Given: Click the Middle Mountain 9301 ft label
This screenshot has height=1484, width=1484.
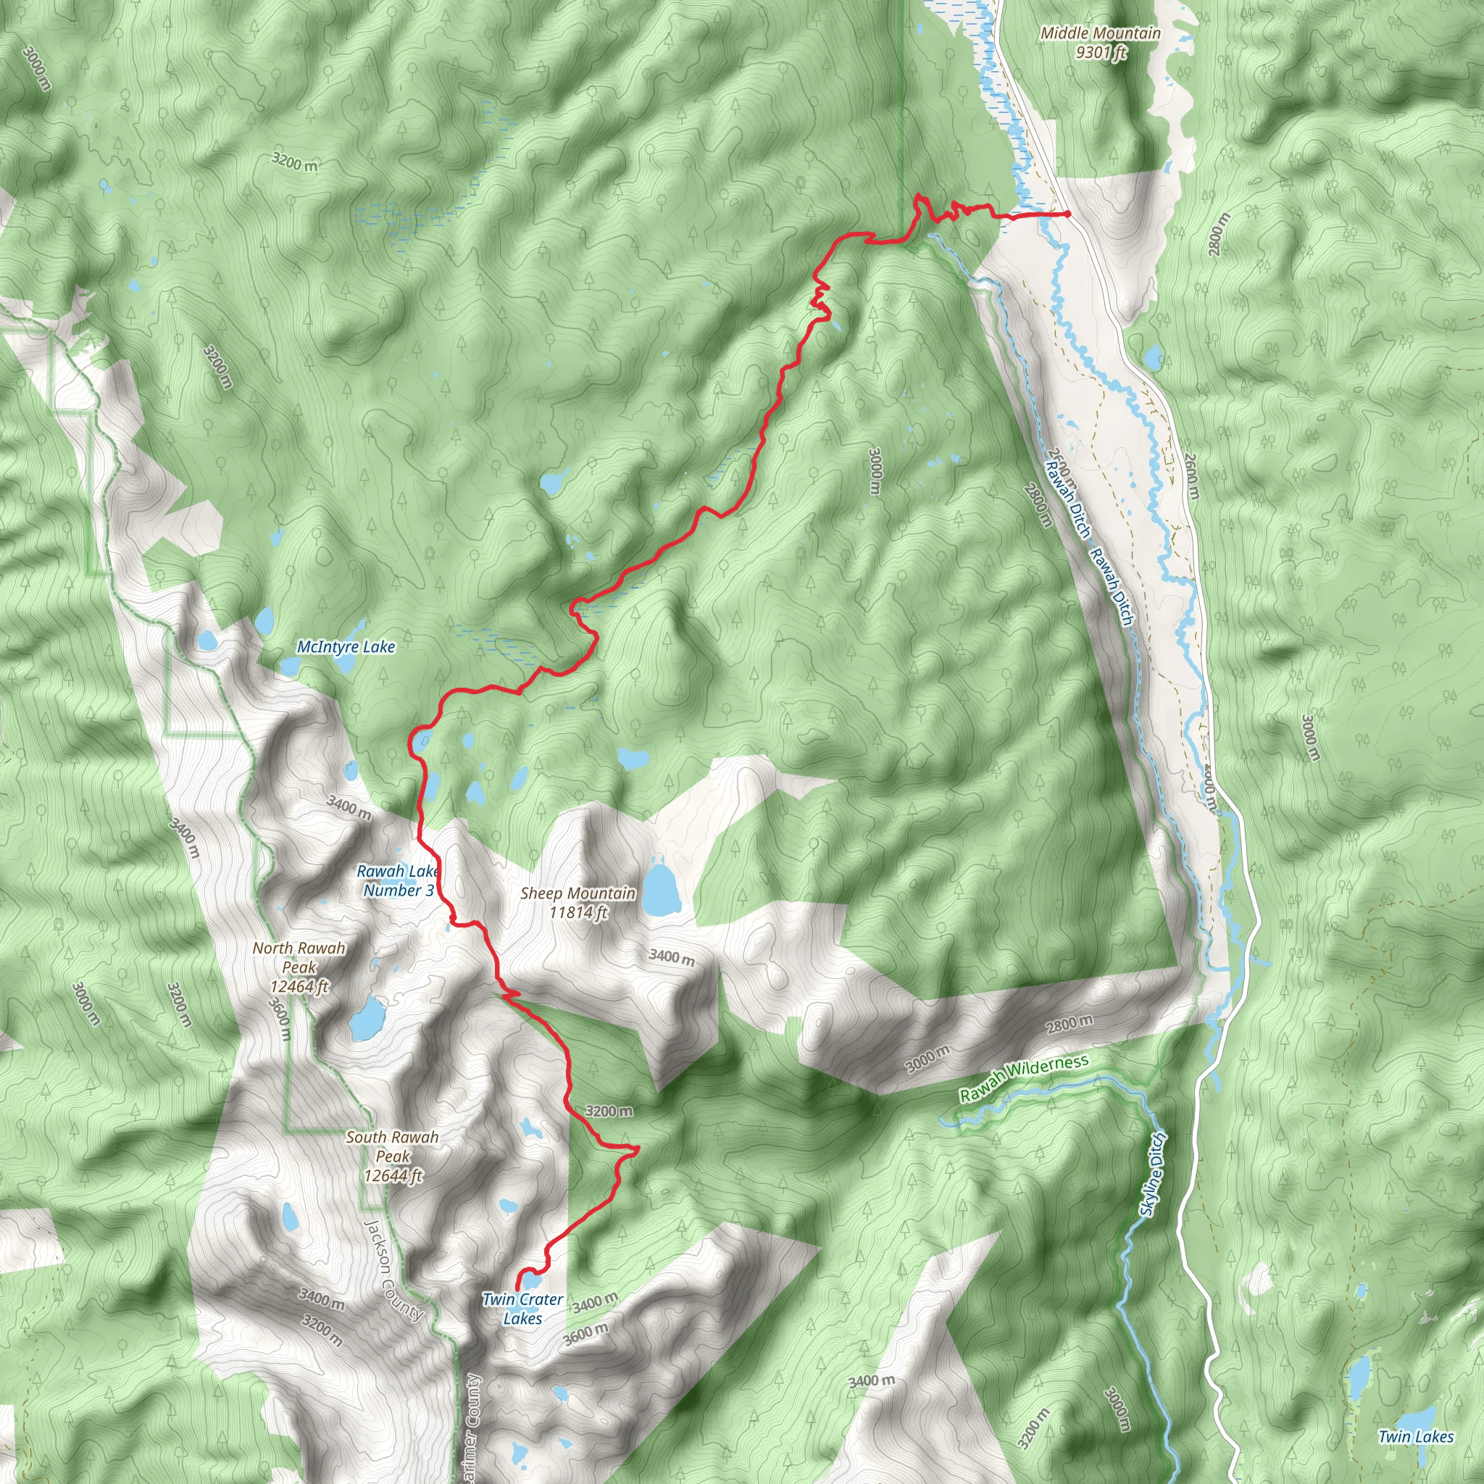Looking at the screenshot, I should [x=1100, y=42].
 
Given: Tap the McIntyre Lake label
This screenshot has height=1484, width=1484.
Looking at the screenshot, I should [x=346, y=647].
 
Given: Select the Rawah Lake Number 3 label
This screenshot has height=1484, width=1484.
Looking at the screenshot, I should [x=398, y=880].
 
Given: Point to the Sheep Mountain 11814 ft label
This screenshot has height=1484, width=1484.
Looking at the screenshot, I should [x=578, y=903].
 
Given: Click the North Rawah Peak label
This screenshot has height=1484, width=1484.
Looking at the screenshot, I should [x=299, y=967].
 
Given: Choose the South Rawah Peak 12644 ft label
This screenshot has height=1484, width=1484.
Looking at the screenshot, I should [x=393, y=1156].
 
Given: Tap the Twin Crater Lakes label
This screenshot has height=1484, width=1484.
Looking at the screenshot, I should [x=522, y=1309].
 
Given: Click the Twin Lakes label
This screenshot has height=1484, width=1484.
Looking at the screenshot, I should [x=1416, y=1436].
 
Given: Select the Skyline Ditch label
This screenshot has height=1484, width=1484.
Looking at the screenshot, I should [x=1152, y=1175].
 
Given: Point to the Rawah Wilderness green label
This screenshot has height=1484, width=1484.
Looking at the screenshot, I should [x=1024, y=1079].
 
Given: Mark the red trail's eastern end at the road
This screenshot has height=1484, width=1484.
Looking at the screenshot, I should [x=1067, y=214].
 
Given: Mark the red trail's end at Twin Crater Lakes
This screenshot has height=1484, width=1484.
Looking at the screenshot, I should [x=517, y=1289].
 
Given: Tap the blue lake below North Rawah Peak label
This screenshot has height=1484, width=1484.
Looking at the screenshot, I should [x=367, y=1019].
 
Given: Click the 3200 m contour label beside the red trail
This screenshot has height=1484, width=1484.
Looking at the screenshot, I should [x=609, y=1111].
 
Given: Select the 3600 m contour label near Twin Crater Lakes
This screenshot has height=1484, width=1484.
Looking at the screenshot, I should [x=585, y=1334].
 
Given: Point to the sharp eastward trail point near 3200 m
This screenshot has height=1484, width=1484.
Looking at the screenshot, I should [x=638, y=1149].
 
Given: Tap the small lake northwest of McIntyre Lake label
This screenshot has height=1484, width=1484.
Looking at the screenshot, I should [x=264, y=617].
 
